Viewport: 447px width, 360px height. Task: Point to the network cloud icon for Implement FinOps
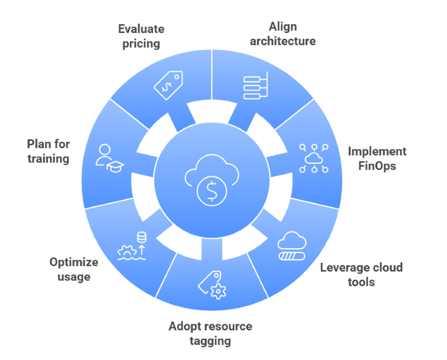click(313, 158)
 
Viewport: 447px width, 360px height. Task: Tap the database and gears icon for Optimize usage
click(132, 247)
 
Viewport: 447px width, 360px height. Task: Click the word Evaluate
click(141, 28)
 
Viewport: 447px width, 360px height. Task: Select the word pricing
click(141, 43)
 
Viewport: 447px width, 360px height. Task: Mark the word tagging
click(210, 341)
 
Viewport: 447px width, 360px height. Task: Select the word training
click(48, 159)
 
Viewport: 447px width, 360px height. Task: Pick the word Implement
click(377, 151)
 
